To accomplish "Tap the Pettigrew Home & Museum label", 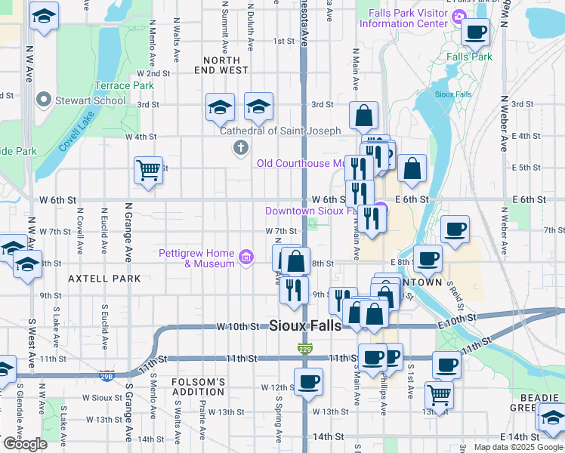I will point(196,258).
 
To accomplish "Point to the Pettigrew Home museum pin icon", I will point(245,258).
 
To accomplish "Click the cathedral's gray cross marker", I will point(241,147).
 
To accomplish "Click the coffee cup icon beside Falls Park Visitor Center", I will point(476,32).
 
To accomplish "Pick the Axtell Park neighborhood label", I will point(104,279).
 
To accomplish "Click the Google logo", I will point(25,444).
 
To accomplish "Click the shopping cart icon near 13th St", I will point(438,393).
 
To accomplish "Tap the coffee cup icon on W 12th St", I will point(307,381).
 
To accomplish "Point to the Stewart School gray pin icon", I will point(43,100).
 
